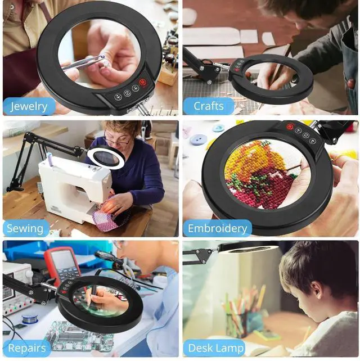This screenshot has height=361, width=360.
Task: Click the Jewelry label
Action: (29, 106)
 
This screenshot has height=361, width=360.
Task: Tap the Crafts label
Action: (209, 106)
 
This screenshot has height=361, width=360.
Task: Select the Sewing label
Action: (25, 228)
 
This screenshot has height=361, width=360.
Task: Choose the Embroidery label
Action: (217, 228)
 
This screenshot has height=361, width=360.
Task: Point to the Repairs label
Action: (26, 348)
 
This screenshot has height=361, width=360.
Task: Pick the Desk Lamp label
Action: (216, 348)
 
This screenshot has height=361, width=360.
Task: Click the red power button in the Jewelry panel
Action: (143, 83)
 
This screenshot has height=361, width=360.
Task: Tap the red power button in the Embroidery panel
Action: (290, 127)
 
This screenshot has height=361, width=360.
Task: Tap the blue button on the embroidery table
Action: (198, 139)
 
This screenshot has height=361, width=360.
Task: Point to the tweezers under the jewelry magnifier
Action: (84, 62)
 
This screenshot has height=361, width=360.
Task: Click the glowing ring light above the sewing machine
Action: (106, 159)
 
